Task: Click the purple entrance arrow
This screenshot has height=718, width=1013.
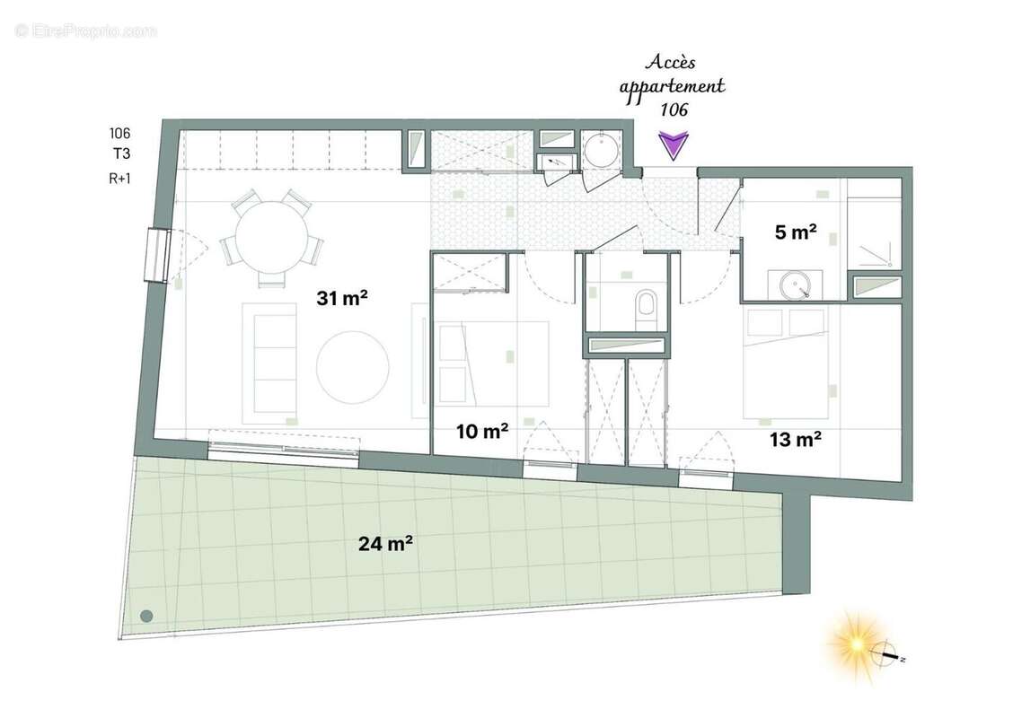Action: (674, 145)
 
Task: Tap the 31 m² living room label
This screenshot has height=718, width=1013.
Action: (343, 299)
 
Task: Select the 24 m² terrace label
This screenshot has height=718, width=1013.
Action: (386, 543)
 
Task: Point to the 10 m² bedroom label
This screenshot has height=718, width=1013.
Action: (482, 431)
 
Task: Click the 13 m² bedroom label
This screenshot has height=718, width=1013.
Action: (796, 439)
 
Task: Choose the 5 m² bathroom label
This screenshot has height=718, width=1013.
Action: (796, 232)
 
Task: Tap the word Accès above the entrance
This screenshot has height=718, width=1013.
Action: (670, 64)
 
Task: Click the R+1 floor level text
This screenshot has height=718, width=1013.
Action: (119, 178)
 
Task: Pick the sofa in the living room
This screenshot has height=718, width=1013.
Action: (269, 363)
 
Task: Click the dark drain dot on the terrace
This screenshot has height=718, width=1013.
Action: (146, 616)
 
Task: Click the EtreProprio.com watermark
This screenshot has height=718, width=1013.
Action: (85, 31)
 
